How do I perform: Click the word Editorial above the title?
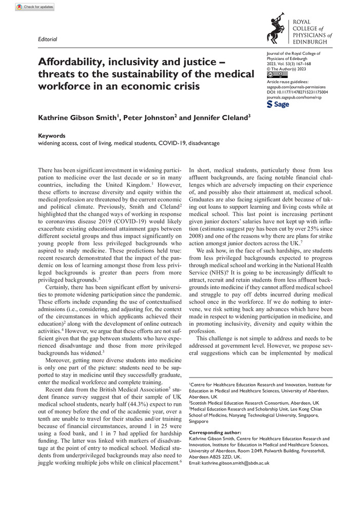pyautogui.click(x=48, y=39)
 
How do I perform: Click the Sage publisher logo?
pyautogui.click(x=279, y=105)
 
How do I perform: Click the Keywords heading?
pyautogui.click(x=52, y=136)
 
